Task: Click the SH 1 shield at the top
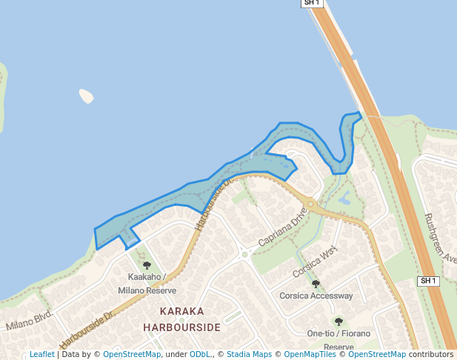click(312, 3)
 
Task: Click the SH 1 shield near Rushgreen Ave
click(429, 281)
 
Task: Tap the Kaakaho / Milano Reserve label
click(146, 284)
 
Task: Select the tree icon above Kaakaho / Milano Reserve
click(146, 265)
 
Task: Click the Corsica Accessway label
click(316, 296)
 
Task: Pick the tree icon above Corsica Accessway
click(316, 284)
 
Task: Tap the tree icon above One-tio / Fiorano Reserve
click(338, 321)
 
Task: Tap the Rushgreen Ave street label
click(441, 236)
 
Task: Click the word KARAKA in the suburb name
click(181, 312)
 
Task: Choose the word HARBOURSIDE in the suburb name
click(181, 327)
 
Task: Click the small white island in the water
click(87, 96)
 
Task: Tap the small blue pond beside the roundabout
click(344, 198)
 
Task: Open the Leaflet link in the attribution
click(41, 355)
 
